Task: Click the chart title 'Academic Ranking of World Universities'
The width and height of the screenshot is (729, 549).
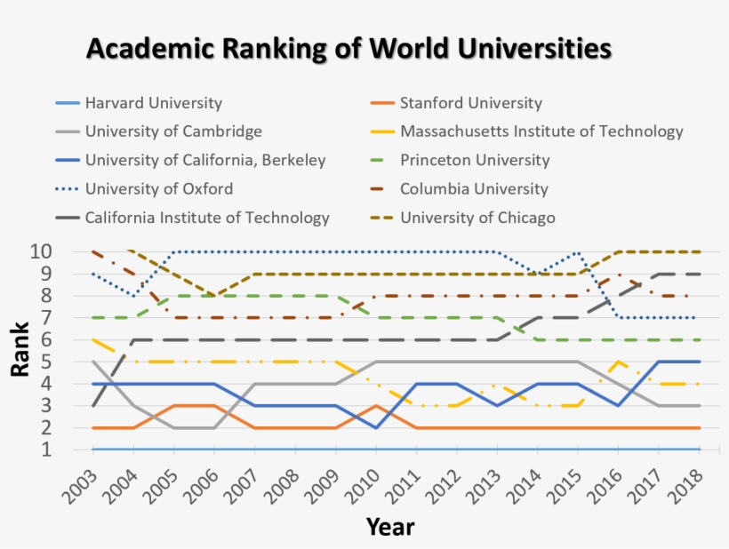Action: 348,48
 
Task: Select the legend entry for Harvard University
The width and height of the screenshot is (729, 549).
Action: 153,103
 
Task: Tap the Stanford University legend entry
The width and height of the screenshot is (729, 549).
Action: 470,103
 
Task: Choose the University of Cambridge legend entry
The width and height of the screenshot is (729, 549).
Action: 173,131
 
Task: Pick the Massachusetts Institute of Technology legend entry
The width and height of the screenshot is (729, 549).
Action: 541,131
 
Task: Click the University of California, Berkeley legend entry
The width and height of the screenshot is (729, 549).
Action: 205,161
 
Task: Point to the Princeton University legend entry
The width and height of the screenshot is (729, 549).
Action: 475,161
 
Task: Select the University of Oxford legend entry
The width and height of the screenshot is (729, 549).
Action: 159,189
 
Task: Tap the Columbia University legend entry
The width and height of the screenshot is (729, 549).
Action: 474,189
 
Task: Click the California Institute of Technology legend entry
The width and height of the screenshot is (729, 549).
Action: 207,218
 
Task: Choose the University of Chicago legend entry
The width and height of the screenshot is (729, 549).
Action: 477,218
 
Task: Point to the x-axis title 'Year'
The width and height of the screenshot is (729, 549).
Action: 389,527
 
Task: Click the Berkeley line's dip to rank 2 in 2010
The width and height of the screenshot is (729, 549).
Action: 376,427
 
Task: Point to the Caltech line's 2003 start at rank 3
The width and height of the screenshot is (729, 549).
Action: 92,405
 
